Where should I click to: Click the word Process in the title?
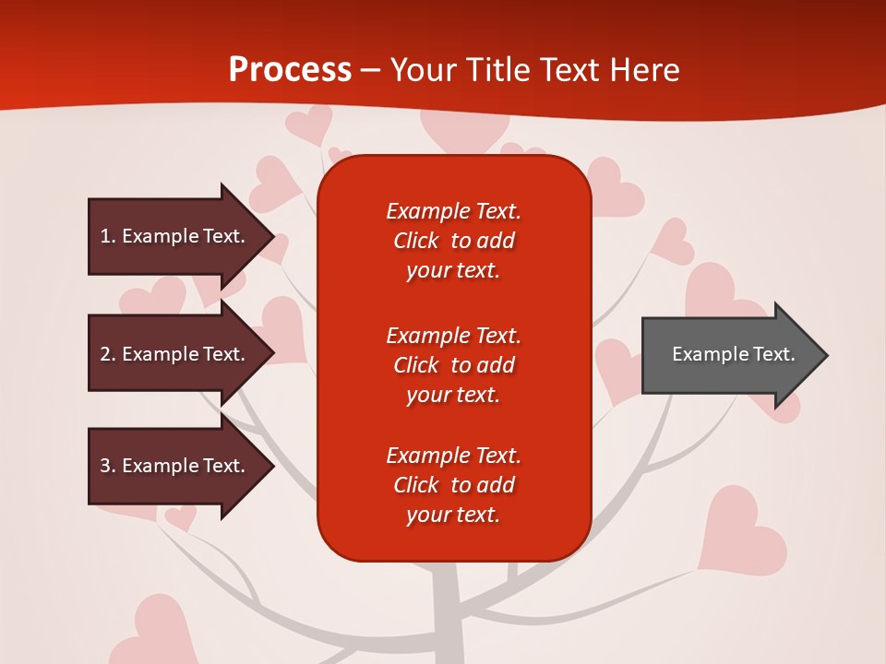[x=290, y=70]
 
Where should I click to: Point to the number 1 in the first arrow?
[x=105, y=236]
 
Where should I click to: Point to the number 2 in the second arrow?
[x=105, y=354]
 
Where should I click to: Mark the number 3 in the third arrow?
[x=105, y=466]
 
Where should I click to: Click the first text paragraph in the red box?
[x=453, y=241]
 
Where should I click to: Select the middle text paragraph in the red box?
[x=453, y=365]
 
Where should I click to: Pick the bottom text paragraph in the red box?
[x=453, y=485]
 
